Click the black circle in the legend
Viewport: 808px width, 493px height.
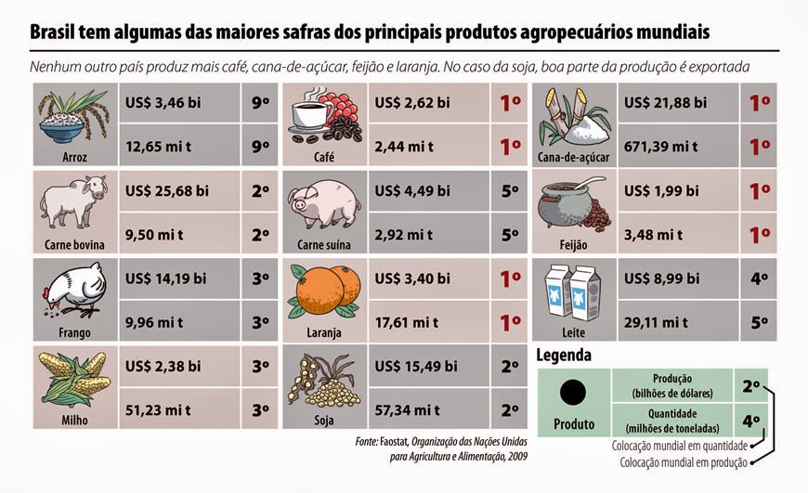click(574, 392)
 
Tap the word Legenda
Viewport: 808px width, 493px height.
click(564, 355)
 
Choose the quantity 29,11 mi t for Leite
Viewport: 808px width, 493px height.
click(658, 321)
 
